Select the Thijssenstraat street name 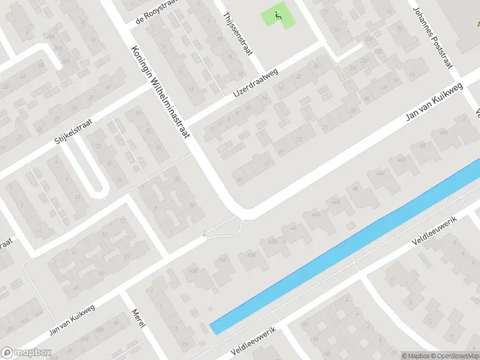pyautogui.click(x=236, y=35)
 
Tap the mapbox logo pyautogui.click(x=26, y=352)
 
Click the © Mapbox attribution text pyautogui.click(x=416, y=355)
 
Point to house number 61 pyautogui.click(x=241, y=179)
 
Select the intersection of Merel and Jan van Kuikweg pyautogui.click(x=123, y=292)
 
